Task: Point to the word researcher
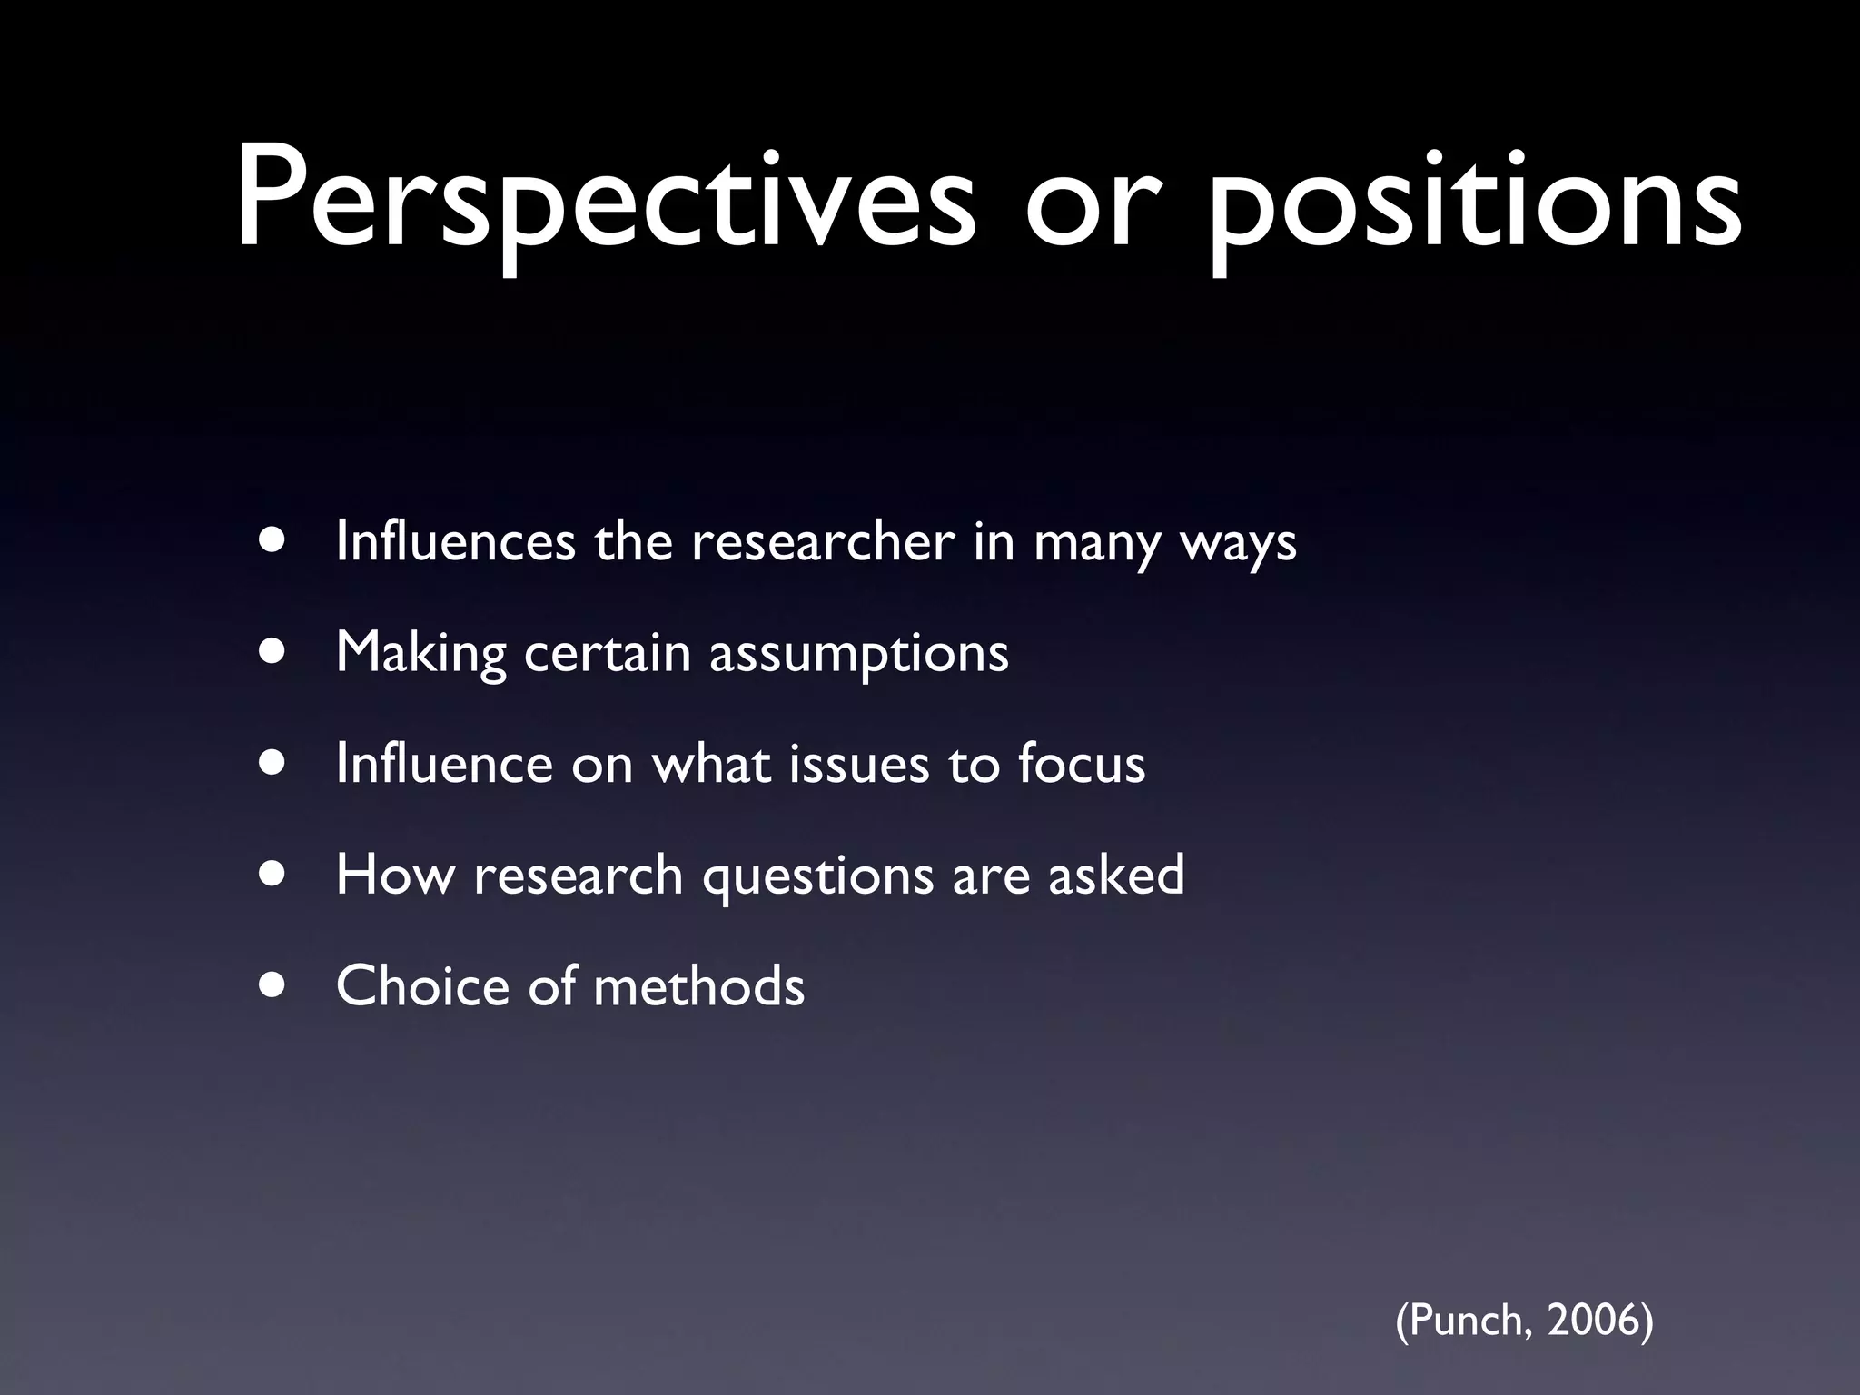pos(823,541)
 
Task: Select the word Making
pos(420,654)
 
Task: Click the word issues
pos(859,763)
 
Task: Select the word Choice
pos(422,985)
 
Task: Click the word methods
pos(698,985)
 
